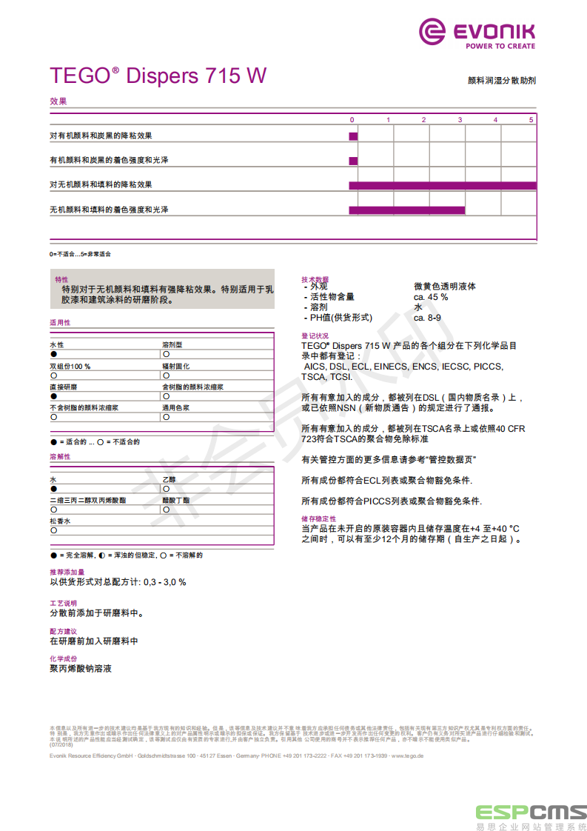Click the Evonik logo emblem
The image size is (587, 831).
tap(433, 32)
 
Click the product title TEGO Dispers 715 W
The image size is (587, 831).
tap(158, 76)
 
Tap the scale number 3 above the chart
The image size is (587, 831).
tap(460, 120)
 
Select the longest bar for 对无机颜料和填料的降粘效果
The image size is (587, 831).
tap(442, 185)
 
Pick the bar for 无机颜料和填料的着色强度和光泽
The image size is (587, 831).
tap(406, 210)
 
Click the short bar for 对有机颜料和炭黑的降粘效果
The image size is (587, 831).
tap(353, 136)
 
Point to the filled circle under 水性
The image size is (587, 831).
tap(53, 355)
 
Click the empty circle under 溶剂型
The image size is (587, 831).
tap(166, 355)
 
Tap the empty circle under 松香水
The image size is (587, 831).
tap(53, 531)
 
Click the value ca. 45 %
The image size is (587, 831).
tap(431, 297)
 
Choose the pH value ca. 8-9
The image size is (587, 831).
tap(428, 318)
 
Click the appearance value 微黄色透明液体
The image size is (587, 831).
tap(445, 287)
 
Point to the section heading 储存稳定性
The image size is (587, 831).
tap(318, 519)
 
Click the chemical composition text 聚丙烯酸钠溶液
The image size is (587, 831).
tap(81, 669)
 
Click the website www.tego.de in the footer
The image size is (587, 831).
tap(407, 755)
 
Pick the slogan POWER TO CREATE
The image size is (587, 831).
tap(500, 46)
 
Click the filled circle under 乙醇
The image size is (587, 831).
tap(166, 490)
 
